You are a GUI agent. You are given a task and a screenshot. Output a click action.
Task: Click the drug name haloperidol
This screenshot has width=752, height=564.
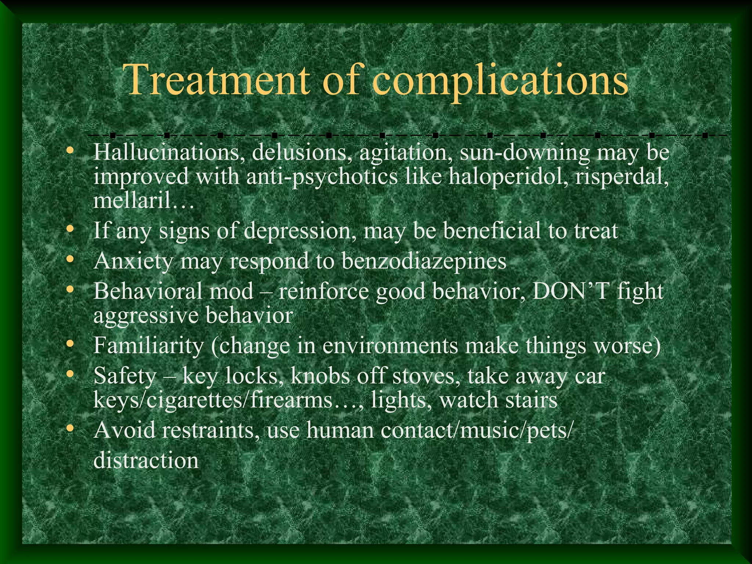coord(507,177)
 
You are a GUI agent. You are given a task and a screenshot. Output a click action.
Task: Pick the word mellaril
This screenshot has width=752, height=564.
coord(132,200)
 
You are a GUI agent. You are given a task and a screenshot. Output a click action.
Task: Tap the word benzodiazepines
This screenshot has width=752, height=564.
coord(424,261)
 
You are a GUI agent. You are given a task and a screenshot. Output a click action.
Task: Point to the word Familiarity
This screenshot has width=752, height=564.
coord(148,346)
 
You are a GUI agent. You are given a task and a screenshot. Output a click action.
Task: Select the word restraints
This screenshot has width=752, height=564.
coord(207,430)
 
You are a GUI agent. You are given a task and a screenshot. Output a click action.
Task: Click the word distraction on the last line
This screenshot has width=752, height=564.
coord(146,460)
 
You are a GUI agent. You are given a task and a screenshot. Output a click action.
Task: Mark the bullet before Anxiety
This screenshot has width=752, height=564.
coord(70,260)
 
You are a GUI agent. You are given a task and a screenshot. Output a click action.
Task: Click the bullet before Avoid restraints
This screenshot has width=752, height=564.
coord(70,429)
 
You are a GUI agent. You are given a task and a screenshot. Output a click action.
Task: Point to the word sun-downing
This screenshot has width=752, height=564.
coord(525,153)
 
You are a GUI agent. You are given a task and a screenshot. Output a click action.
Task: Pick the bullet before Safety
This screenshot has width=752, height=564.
coord(70,374)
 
